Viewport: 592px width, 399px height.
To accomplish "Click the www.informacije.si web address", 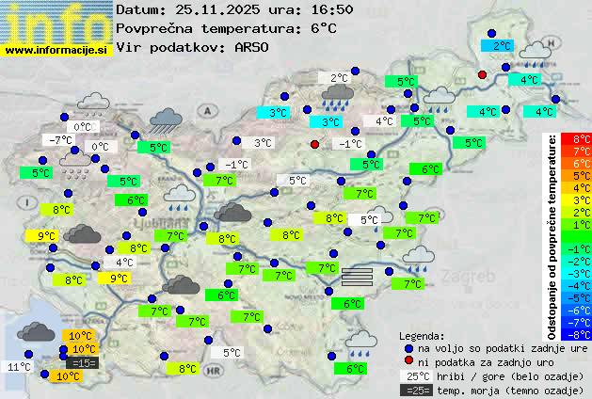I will click(x=56, y=50).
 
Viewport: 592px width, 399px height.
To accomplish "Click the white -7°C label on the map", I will click(x=60, y=140).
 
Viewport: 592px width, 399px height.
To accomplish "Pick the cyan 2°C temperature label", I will click(x=503, y=45).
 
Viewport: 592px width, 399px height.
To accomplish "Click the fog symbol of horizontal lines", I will click(x=358, y=276).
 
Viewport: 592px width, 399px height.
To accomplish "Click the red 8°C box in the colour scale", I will click(x=582, y=139).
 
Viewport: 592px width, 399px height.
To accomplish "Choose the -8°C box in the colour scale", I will click(x=582, y=333).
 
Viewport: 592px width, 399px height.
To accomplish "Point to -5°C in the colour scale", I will click(x=582, y=297).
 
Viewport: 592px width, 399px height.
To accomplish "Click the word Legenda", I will click(x=422, y=336).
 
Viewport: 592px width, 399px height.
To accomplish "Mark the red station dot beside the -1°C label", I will click(x=315, y=144).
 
